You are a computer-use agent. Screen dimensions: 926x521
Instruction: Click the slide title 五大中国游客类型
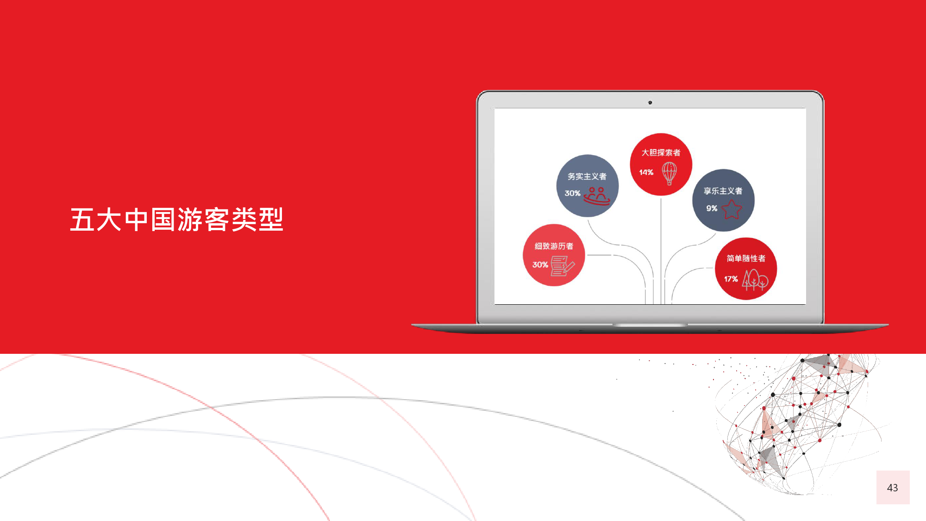click(x=176, y=220)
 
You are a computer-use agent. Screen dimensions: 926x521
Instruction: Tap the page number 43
click(x=892, y=488)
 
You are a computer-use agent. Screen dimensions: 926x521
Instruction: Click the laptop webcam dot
click(x=650, y=103)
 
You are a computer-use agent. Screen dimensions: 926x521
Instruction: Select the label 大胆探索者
click(x=661, y=152)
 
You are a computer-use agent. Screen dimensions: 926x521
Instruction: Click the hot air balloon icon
click(x=669, y=173)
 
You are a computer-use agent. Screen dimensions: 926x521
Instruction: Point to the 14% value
click(x=646, y=172)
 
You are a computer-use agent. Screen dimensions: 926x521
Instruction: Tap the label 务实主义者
click(x=587, y=176)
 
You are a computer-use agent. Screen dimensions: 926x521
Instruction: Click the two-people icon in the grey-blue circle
click(x=597, y=196)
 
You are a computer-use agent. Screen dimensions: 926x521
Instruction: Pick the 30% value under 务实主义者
click(x=572, y=193)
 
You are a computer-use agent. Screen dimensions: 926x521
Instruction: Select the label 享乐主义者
click(x=723, y=191)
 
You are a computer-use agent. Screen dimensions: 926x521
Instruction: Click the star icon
click(x=732, y=209)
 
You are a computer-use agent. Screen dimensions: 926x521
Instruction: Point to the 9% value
click(x=712, y=208)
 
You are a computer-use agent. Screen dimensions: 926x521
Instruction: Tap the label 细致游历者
click(x=554, y=246)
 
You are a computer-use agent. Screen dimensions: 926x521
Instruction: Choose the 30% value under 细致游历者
click(x=540, y=264)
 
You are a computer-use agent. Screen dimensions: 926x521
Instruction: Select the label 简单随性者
click(x=746, y=258)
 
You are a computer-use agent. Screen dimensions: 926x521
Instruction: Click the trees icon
click(x=755, y=280)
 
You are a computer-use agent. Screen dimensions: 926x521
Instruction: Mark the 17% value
click(x=731, y=279)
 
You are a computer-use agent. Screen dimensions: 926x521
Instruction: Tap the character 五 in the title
click(x=83, y=220)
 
